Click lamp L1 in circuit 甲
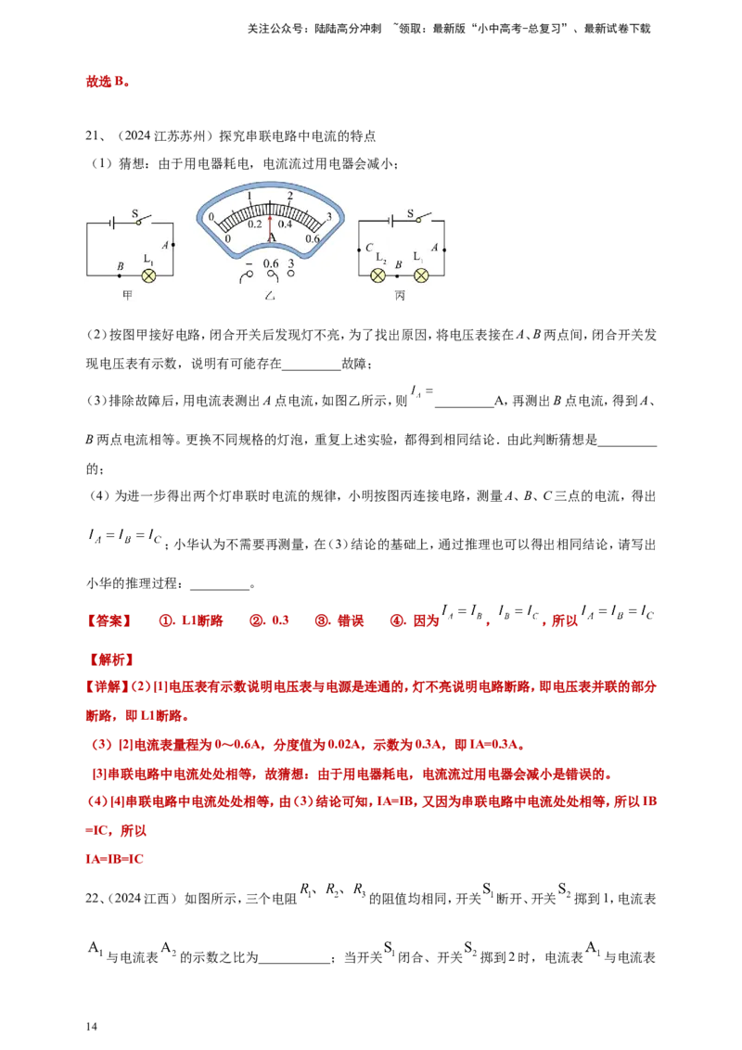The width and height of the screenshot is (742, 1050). tap(147, 275)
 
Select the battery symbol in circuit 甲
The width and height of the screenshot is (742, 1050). tap(111, 223)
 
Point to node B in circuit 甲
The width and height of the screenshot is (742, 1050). tap(120, 275)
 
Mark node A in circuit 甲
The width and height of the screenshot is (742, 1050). tap(173, 244)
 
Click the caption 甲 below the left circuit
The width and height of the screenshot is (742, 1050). tap(128, 296)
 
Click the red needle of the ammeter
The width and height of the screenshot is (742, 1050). tap(270, 223)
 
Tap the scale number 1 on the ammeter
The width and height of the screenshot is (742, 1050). tap(249, 196)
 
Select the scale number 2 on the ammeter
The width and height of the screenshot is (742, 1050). tap(290, 196)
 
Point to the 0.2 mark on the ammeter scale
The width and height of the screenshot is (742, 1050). tap(254, 224)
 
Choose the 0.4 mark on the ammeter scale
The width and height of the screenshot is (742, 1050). tap(285, 224)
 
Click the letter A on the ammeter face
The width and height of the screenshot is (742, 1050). tap(272, 237)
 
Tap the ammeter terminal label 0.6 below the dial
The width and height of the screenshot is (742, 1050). tap(271, 263)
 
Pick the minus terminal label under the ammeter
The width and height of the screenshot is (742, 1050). tap(248, 264)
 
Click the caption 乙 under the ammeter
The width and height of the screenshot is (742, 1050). tap(270, 296)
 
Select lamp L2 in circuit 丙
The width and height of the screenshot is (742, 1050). tap(377, 275)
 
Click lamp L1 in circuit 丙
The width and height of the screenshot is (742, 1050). tap(421, 275)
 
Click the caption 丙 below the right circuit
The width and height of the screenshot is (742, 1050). tap(400, 296)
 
